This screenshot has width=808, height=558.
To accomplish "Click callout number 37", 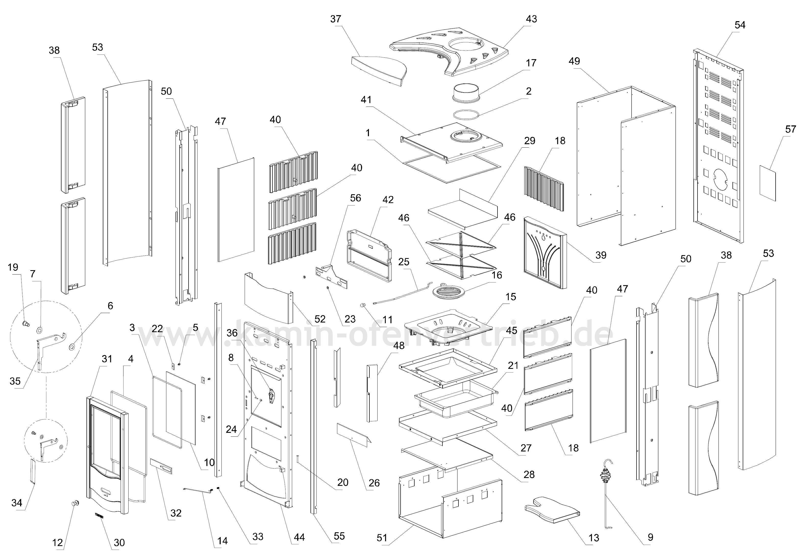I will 335,19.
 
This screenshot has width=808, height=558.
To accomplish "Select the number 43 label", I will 531,19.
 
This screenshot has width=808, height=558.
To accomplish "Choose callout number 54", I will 740,25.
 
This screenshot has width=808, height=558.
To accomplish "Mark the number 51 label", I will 382,538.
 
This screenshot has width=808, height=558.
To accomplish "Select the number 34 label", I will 17,503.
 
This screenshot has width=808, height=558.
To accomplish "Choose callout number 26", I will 374,483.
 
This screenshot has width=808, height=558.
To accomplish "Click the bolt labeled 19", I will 26,323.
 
